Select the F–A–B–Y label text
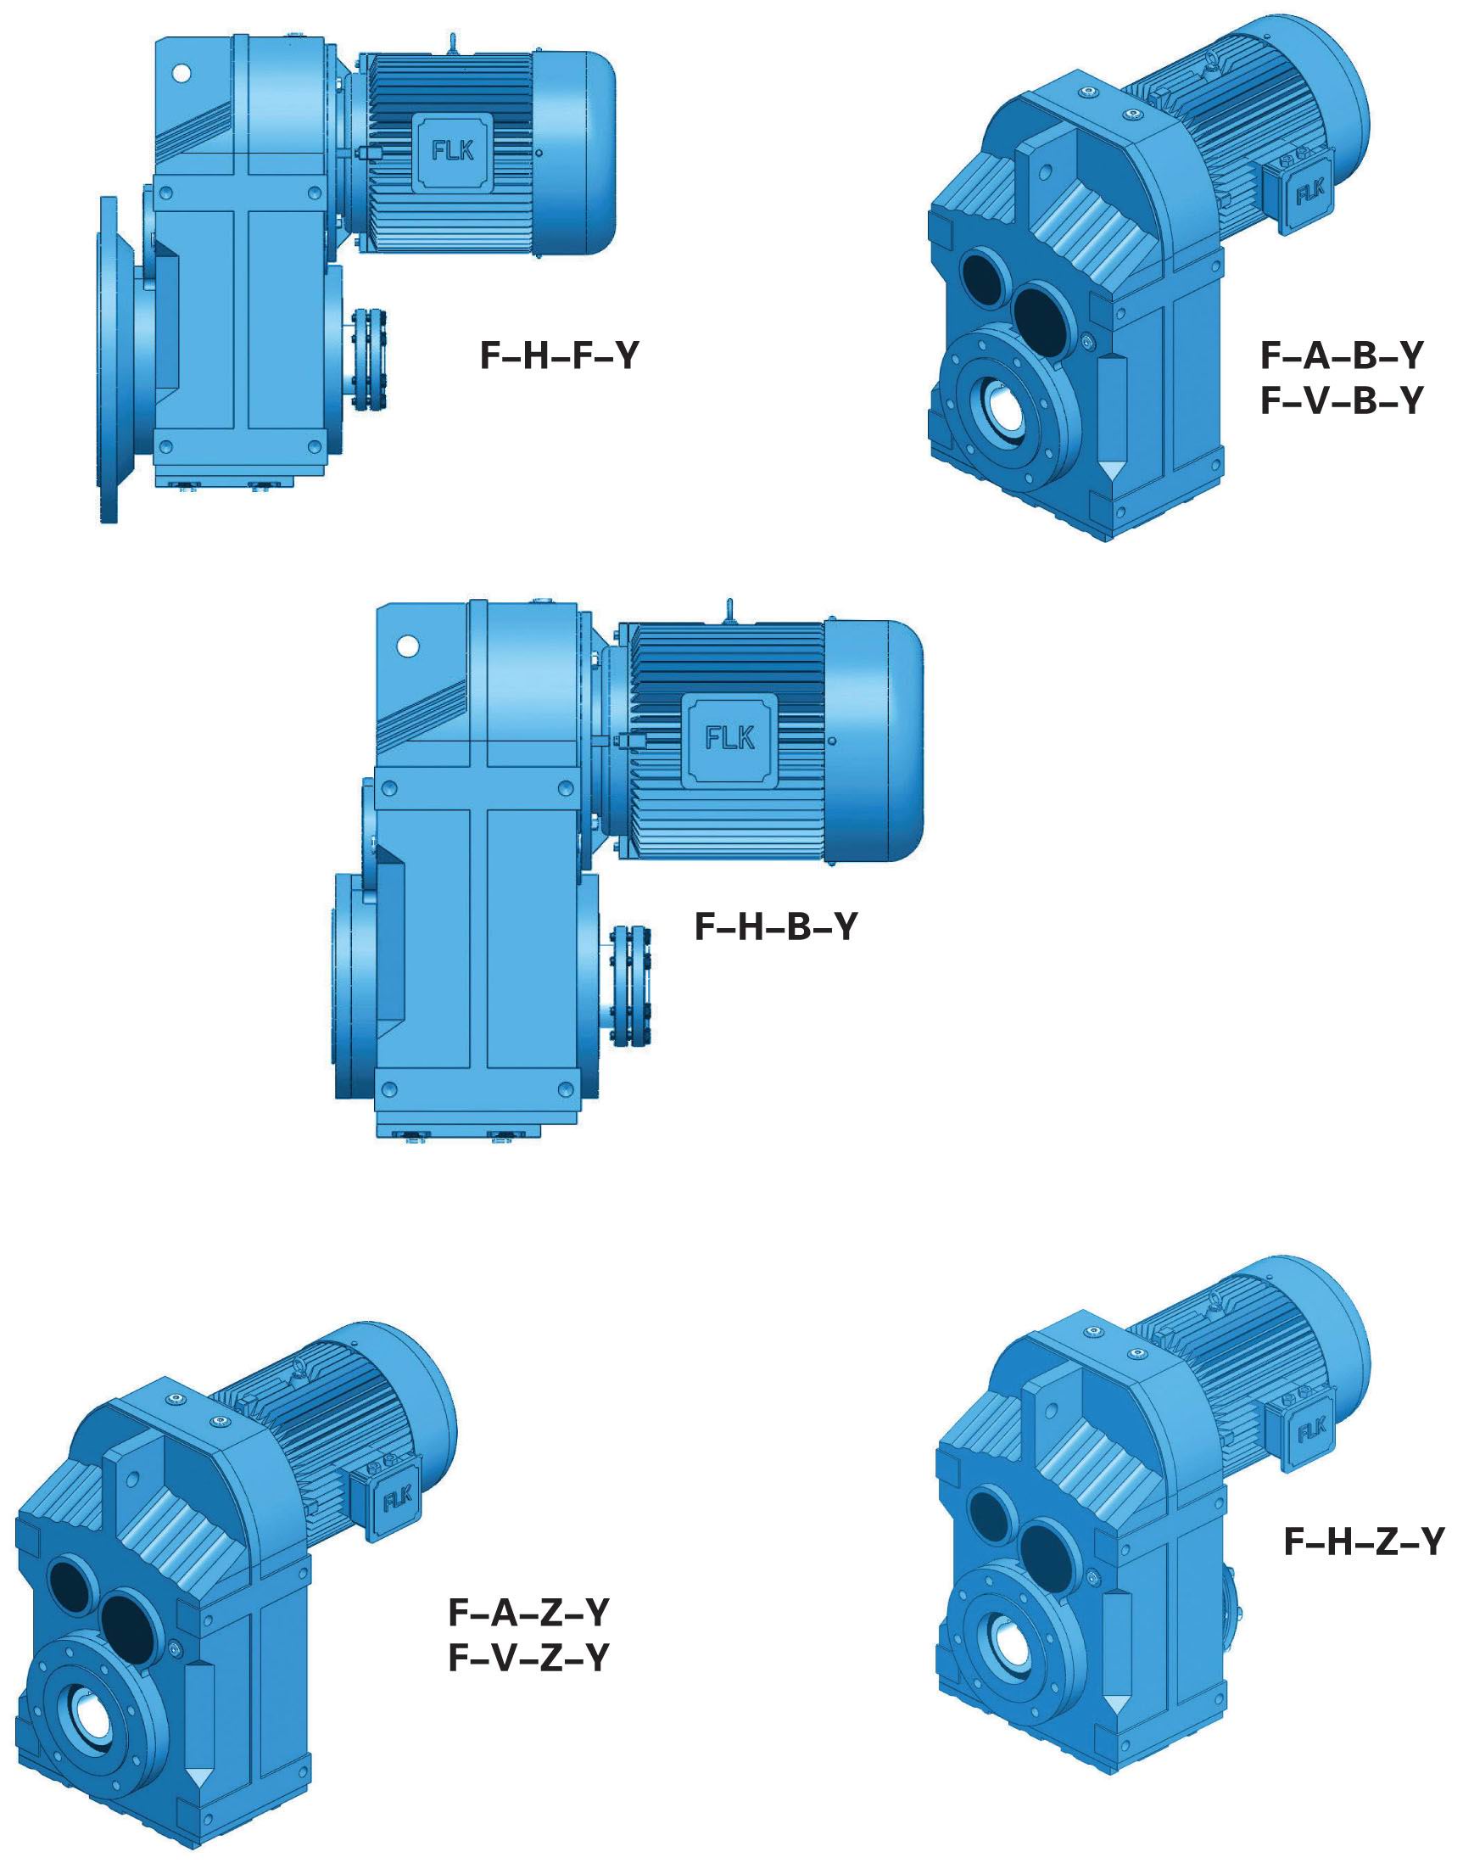(1342, 355)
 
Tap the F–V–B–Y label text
(1342, 400)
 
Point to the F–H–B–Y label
(775, 926)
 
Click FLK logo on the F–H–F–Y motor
(452, 151)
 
